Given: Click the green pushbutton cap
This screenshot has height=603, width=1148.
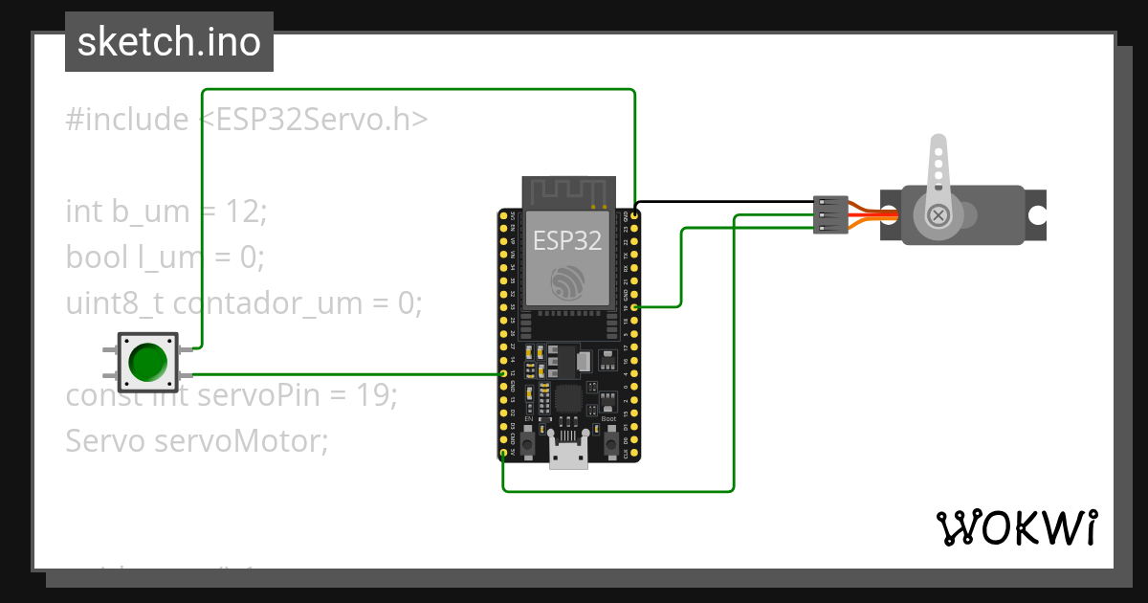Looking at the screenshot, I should [147, 362].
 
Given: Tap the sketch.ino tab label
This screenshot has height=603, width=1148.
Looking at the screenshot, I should [169, 42].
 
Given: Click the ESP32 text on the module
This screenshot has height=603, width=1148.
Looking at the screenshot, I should [567, 240].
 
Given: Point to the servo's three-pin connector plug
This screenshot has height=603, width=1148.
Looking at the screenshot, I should [829, 215].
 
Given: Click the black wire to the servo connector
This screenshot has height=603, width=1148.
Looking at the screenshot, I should [727, 203].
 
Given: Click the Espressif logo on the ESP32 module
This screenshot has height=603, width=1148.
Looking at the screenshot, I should [567, 281].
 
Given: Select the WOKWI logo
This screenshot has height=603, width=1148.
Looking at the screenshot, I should [1016, 527].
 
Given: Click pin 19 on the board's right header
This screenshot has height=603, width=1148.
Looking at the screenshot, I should [635, 306].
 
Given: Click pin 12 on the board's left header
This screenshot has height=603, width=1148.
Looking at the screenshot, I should [504, 374].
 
